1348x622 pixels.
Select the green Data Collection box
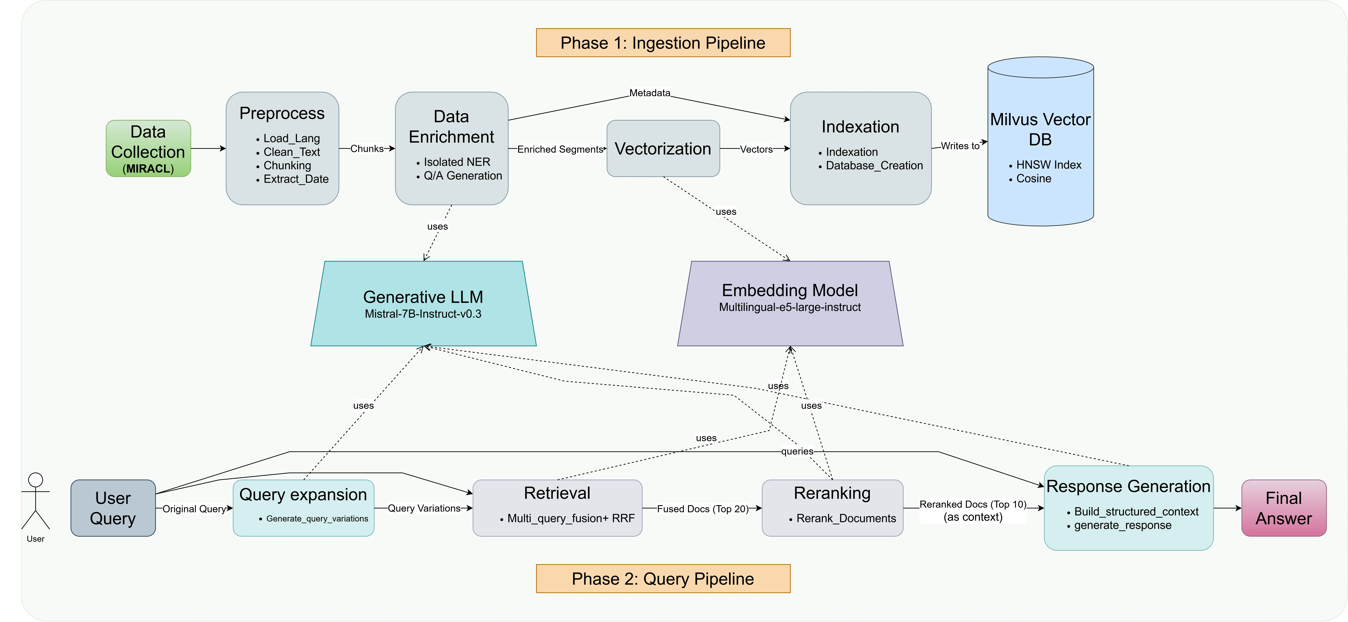click(x=148, y=149)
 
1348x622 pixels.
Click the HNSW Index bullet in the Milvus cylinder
click(x=1048, y=165)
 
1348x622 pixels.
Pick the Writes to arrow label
click(x=960, y=146)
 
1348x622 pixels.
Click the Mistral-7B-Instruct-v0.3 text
click(x=423, y=314)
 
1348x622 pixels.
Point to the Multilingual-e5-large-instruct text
click(x=790, y=307)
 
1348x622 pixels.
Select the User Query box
click(x=113, y=508)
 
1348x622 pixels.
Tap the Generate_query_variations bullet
click(x=317, y=518)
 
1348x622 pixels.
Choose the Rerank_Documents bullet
click(x=846, y=518)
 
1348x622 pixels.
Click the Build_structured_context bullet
click(x=1136, y=512)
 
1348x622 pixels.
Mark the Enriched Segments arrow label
click(x=560, y=149)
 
